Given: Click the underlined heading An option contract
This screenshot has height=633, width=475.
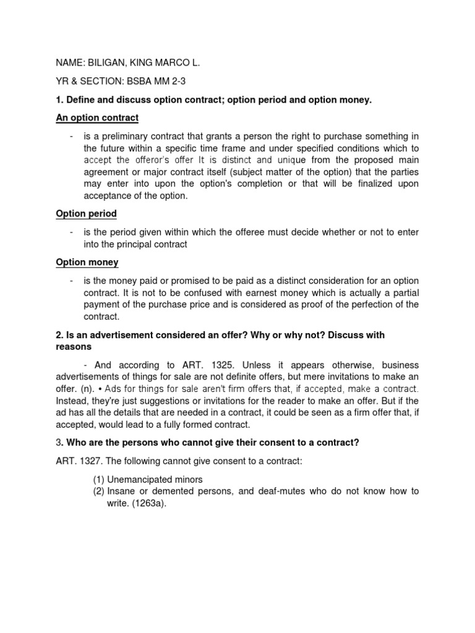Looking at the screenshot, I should point(97,117).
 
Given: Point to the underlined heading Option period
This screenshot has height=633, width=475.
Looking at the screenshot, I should point(86,214).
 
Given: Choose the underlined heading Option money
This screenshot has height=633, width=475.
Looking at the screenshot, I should point(87,262).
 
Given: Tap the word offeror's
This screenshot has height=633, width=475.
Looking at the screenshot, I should point(157,159).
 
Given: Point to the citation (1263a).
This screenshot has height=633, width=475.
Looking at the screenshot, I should point(148,503).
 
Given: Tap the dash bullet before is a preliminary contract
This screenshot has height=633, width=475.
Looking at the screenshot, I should point(72,136).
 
